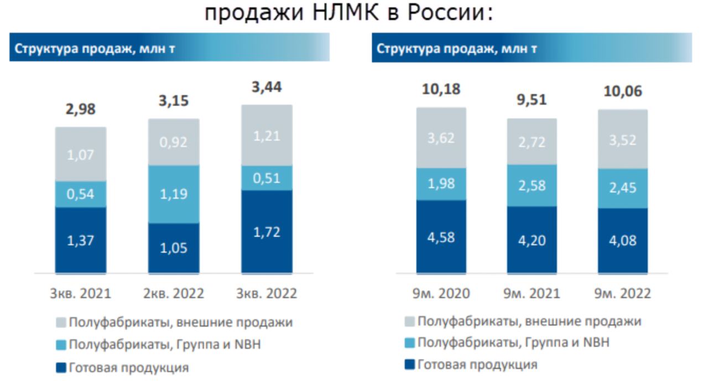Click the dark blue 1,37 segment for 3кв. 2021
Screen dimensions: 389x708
pyautogui.click(x=81, y=240)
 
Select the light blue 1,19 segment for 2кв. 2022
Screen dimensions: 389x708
pyautogui.click(x=174, y=194)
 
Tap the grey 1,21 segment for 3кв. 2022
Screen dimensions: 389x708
pyautogui.click(x=267, y=136)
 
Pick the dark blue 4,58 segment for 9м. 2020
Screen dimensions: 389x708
pyautogui.click(x=441, y=236)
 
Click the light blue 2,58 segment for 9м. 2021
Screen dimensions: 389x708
pyautogui.click(x=532, y=185)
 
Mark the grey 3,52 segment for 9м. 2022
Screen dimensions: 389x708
pyautogui.click(x=622, y=138)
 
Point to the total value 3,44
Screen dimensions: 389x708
pyautogui.click(x=267, y=87)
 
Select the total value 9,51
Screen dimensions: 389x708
pyautogui.click(x=532, y=100)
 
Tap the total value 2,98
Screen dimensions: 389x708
pyautogui.click(x=81, y=110)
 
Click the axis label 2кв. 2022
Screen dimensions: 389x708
pyautogui.click(x=174, y=293)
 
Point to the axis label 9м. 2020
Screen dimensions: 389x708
pyautogui.click(x=441, y=293)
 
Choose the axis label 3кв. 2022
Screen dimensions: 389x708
pyautogui.click(x=267, y=293)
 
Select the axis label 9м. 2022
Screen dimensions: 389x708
pyautogui.click(x=622, y=293)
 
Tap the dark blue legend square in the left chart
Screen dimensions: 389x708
pyautogui.click(x=61, y=367)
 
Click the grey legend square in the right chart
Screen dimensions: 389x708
pyautogui.click(x=410, y=321)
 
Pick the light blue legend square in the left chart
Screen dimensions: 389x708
pyautogui.click(x=61, y=345)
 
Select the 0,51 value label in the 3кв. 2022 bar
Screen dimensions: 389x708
pyautogui.click(x=267, y=178)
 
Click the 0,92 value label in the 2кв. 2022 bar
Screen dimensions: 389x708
pyautogui.click(x=174, y=142)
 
